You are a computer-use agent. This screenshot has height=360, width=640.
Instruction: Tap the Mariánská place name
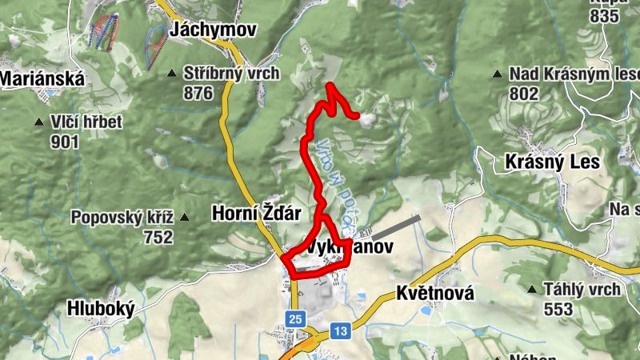coord(31,78)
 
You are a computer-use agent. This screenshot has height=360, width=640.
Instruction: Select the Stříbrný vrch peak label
coord(231,74)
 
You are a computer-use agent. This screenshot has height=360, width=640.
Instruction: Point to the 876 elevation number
coord(198,94)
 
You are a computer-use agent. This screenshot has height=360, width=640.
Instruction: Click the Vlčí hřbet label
coord(86,122)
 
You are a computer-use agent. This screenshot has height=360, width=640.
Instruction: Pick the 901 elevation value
coord(64,142)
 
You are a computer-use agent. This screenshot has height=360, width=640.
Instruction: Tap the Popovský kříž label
coord(122,217)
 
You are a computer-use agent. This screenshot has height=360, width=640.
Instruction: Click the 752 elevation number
coord(158,237)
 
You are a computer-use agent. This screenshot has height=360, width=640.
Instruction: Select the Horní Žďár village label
coord(256,214)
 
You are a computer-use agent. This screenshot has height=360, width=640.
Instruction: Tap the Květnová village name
coord(435,294)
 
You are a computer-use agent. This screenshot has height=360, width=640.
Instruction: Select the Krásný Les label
coord(553,162)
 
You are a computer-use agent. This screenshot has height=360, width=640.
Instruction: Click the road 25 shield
coord(297,319)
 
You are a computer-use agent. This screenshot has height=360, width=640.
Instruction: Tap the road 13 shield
coord(341,330)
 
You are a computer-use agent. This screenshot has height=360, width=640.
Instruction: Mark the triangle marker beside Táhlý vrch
coord(532,289)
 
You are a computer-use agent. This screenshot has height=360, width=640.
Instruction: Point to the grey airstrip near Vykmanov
coord(396,227)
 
